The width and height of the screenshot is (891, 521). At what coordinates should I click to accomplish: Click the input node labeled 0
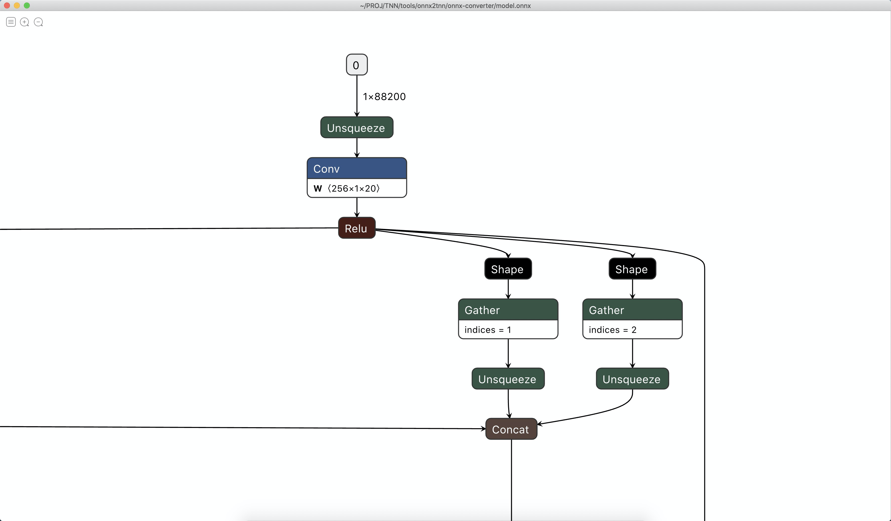(356, 65)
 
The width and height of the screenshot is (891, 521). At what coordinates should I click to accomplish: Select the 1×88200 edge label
(384, 97)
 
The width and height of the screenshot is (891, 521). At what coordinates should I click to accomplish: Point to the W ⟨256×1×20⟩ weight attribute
(347, 188)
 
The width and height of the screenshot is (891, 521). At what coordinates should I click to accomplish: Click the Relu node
(356, 228)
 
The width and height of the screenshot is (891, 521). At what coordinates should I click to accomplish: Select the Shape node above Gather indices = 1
(508, 269)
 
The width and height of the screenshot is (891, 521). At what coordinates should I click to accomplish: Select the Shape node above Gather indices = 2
(632, 269)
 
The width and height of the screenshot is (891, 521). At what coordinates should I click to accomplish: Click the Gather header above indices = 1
(508, 310)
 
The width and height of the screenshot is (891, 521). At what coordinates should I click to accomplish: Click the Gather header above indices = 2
(632, 310)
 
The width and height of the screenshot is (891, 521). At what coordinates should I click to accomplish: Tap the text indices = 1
(488, 330)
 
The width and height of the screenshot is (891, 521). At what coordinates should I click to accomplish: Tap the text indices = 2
(612, 330)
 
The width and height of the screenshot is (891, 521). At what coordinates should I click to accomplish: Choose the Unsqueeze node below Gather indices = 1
(508, 379)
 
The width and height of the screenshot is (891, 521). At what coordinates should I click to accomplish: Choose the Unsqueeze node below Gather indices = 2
(632, 379)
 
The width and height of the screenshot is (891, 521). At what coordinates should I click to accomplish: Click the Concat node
(511, 429)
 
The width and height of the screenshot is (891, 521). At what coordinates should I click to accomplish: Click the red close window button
(7, 5)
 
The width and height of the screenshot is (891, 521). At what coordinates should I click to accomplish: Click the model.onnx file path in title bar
(445, 6)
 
